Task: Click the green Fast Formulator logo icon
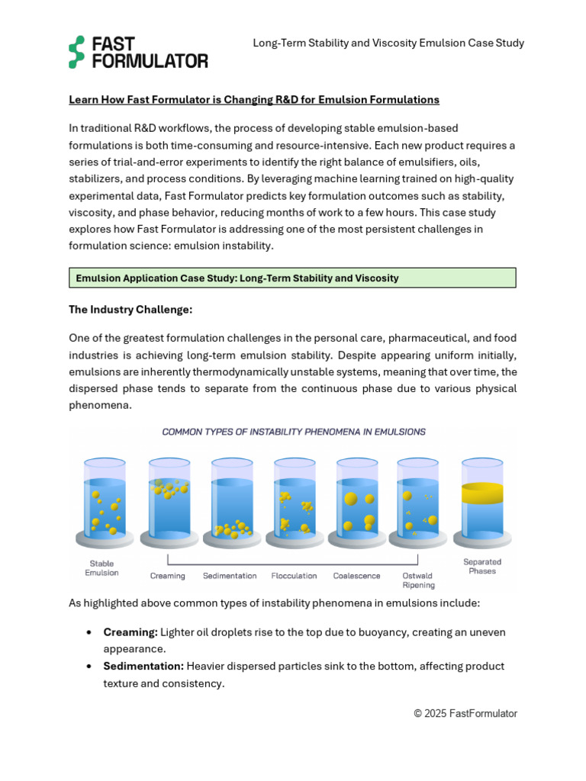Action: pos(76,52)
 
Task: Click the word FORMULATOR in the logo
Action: pos(150,61)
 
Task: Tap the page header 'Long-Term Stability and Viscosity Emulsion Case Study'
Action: pos(388,43)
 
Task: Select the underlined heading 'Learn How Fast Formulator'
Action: pos(254,100)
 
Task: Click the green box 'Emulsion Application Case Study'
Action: pos(292,278)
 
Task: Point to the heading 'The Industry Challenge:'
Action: pos(130,310)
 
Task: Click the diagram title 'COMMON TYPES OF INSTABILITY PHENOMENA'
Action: pos(294,432)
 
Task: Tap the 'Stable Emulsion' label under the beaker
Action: pos(101,567)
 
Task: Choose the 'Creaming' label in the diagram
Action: pos(168,576)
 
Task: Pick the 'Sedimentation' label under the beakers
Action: pos(230,576)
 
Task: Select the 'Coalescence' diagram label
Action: pos(357,576)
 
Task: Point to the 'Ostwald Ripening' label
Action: pos(418,580)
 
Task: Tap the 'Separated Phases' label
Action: pos(482,566)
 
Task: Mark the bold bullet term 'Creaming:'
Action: pos(130,632)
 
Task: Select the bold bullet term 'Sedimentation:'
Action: pos(143,666)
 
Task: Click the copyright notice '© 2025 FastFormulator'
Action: pos(465,714)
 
